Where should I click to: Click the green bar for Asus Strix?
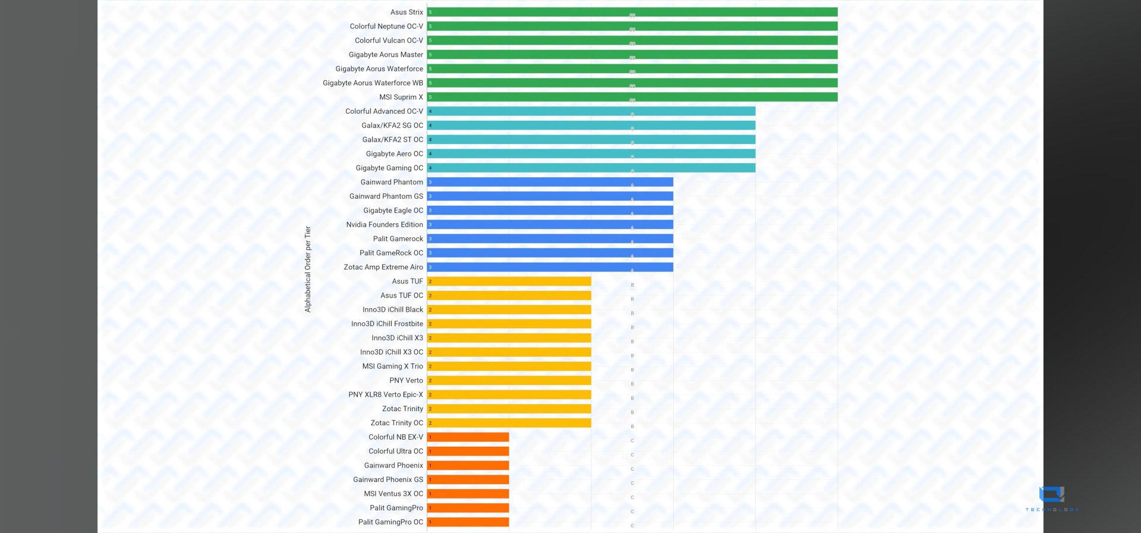[x=632, y=12]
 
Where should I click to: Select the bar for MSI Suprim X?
[x=632, y=97]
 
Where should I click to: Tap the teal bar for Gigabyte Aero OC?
[x=591, y=153]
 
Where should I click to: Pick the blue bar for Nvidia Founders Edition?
[x=550, y=224]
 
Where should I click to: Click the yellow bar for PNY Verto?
[x=509, y=380]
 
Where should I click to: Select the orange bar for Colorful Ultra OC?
[x=468, y=451]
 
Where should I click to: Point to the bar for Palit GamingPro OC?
[x=468, y=522]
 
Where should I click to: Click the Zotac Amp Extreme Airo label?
[x=383, y=267]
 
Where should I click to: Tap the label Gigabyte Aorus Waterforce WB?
[x=373, y=83]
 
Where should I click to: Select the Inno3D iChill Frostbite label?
[x=387, y=324]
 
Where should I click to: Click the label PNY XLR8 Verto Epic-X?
[x=386, y=394]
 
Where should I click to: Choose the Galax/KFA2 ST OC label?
[x=393, y=139]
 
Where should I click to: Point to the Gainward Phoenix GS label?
[x=388, y=479]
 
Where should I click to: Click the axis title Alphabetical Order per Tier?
[x=308, y=269]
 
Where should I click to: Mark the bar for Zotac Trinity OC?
[x=509, y=423]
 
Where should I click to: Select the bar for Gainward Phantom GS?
[x=550, y=196]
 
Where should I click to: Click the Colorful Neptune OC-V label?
[x=386, y=26]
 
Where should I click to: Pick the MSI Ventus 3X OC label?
[x=393, y=494]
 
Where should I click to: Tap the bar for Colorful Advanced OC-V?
[x=591, y=111]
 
